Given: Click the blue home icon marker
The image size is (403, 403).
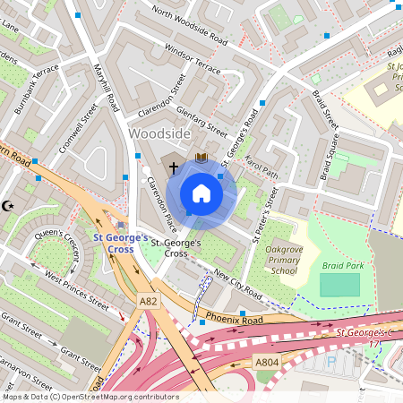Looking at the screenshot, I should pyautogui.click(x=201, y=193).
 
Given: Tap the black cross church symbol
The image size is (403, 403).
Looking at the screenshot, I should pyautogui.click(x=173, y=167).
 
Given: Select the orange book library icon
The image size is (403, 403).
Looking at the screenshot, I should pyautogui.click(x=201, y=158).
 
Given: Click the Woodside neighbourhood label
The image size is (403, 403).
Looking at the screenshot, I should pyautogui.click(x=159, y=133).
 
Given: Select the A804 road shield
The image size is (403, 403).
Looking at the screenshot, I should pyautogui.click(x=266, y=362).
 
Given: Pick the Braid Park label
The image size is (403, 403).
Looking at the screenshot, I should pyautogui.click(x=339, y=266).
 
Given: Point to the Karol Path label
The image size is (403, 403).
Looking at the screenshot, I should pyautogui.click(x=263, y=166).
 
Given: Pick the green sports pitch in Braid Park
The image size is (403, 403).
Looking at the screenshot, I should pyautogui.click(x=339, y=286).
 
